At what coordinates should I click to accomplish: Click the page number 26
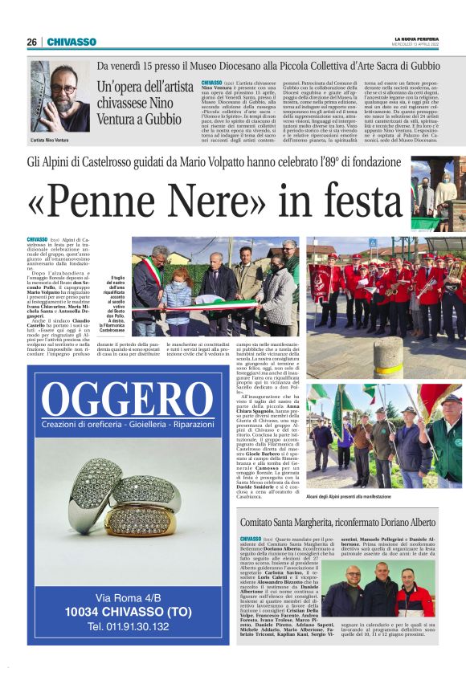pyautogui.click(x=32, y=42)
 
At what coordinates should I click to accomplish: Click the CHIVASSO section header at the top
pyautogui.click(x=72, y=42)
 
